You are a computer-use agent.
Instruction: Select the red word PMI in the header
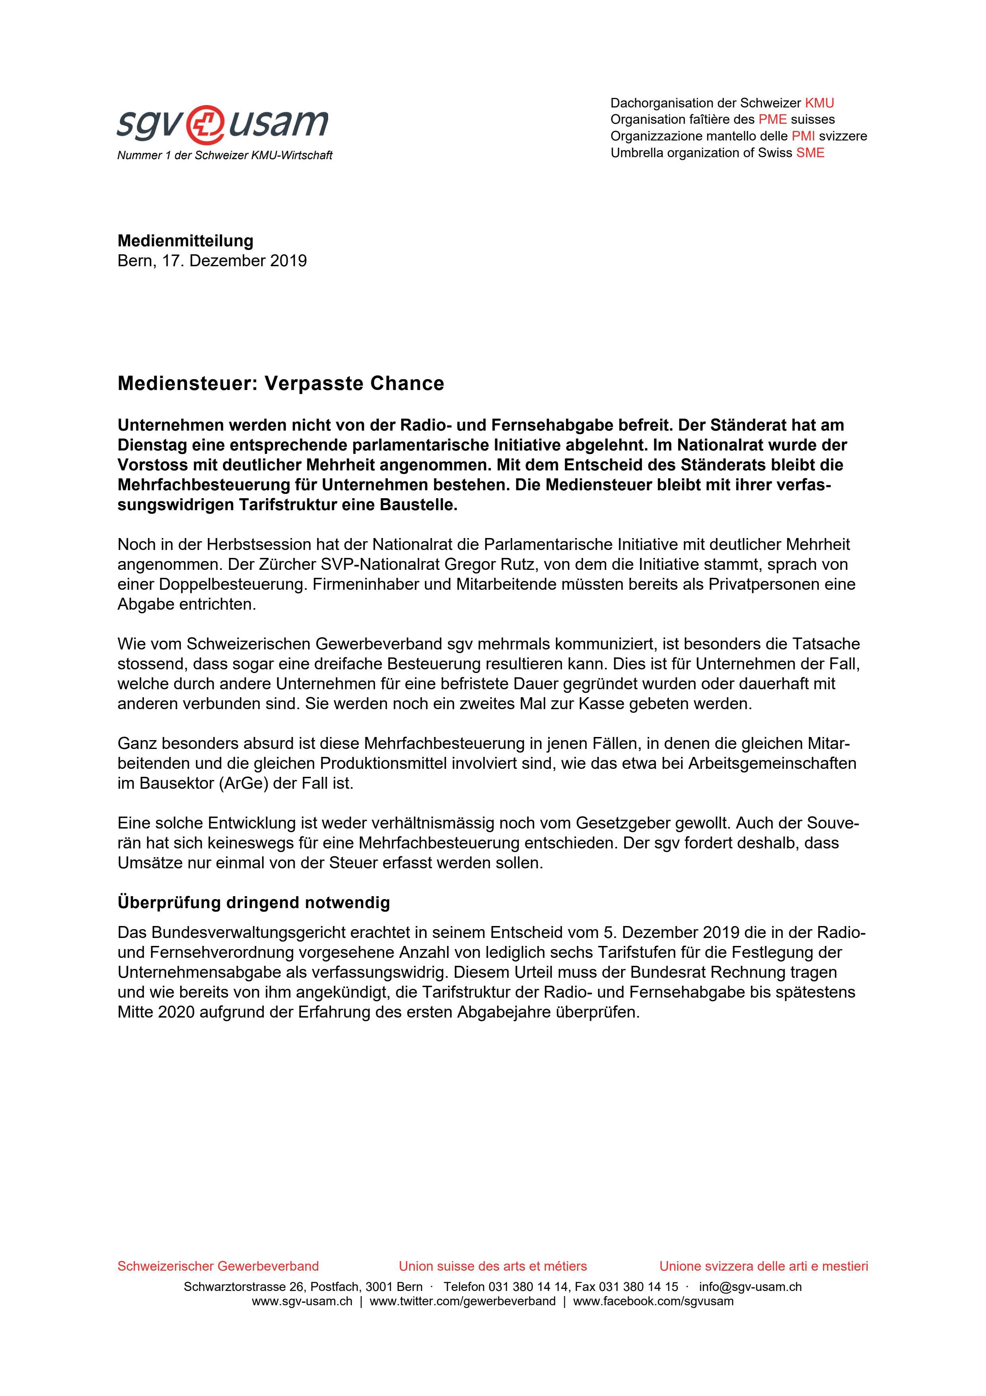coord(803,136)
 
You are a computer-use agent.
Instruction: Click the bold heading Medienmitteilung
coord(185,241)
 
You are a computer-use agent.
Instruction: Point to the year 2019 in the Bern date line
coord(289,261)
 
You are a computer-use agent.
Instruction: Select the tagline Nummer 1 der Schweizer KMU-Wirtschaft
coord(225,156)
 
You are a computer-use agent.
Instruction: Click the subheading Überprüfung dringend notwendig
coord(253,902)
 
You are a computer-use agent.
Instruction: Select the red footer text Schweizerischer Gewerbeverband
coord(218,1266)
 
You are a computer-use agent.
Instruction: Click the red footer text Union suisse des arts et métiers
coord(493,1266)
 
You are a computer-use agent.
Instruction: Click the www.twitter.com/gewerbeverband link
coord(462,1301)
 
